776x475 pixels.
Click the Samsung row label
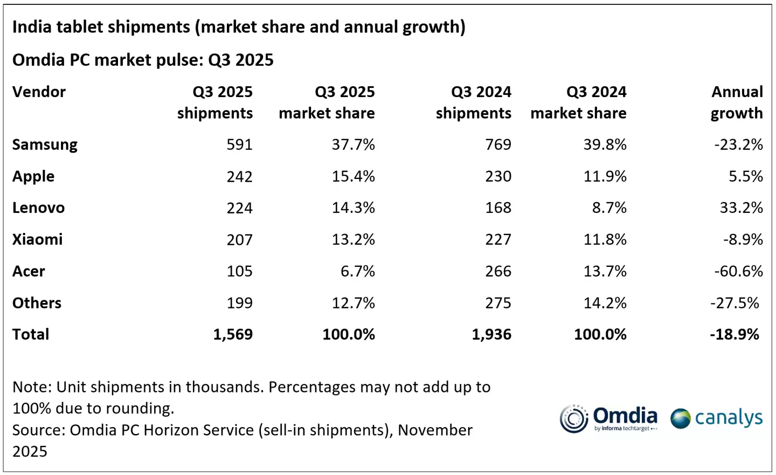coord(45,144)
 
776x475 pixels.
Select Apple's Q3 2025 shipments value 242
coord(239,176)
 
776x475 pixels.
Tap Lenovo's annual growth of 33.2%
coord(741,208)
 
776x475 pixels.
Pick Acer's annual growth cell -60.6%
coord(738,271)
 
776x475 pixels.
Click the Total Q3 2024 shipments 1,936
coord(491,334)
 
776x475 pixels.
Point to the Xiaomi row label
coord(37,239)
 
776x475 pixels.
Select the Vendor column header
coord(39,92)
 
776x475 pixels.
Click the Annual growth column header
coord(736,102)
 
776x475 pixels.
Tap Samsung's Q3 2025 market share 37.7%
coord(353,144)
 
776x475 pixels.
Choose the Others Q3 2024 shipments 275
coord(498,303)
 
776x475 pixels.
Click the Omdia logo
coord(608,418)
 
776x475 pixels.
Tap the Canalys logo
coord(716,418)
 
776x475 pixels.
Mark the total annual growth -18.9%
coord(734,334)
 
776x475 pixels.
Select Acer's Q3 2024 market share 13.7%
coord(605,271)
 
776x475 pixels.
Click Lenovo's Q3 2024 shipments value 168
coord(498,208)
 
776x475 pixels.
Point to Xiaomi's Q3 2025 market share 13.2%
coord(353,239)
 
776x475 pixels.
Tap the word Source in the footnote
coord(38,430)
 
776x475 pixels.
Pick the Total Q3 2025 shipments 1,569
coord(233,334)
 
